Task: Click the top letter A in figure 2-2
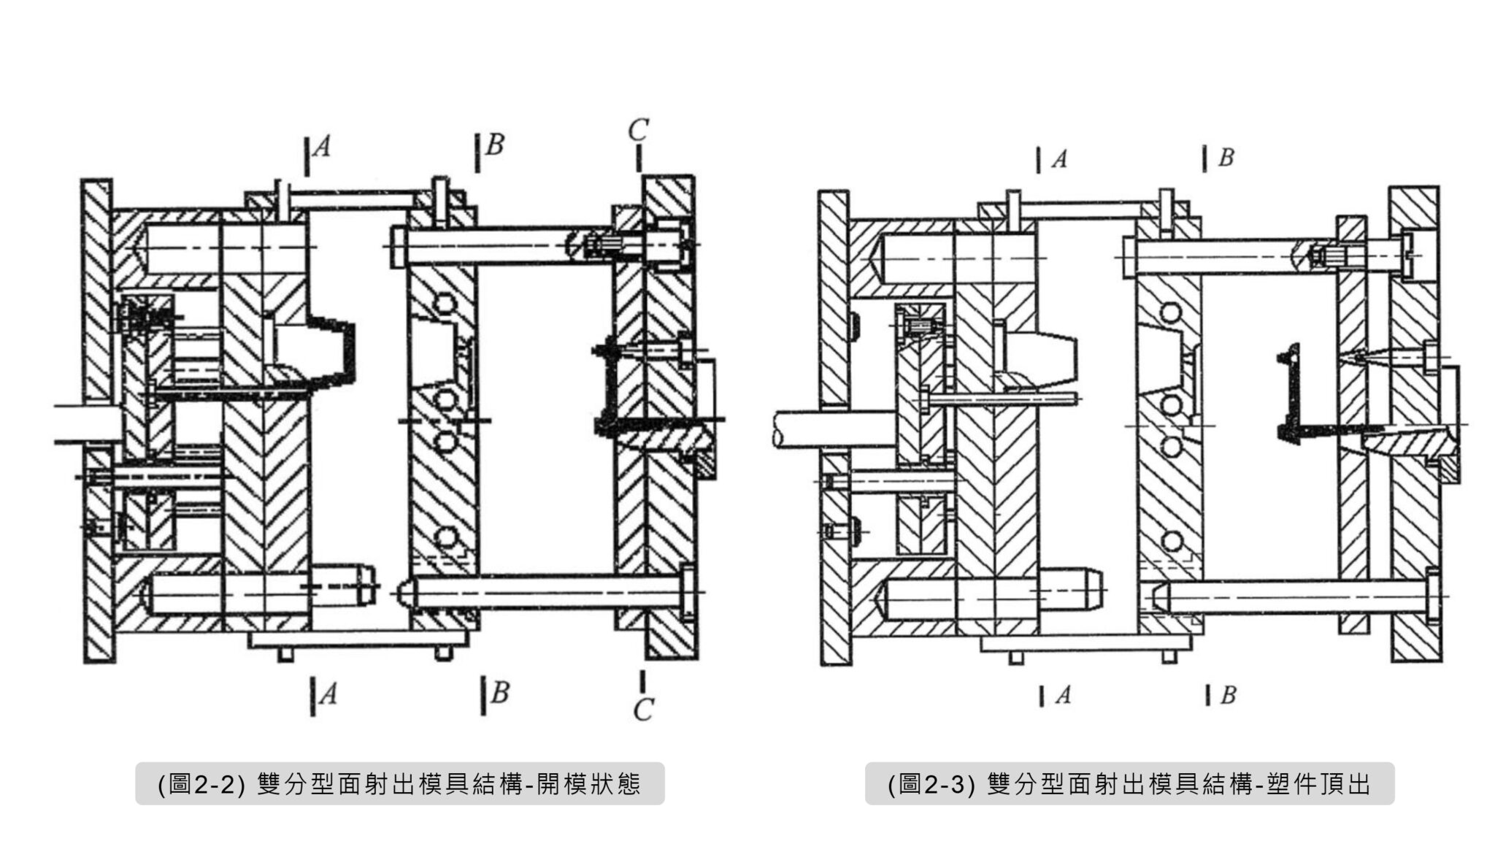pyautogui.click(x=322, y=148)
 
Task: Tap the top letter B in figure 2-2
pyautogui.click(x=494, y=145)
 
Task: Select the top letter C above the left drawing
pyautogui.click(x=637, y=131)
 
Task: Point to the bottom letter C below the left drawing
pyautogui.click(x=642, y=710)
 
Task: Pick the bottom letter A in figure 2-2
pyautogui.click(x=328, y=694)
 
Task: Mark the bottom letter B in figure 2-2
pyautogui.click(x=500, y=691)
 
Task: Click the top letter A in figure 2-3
pyautogui.click(x=1059, y=159)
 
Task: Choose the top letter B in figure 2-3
pyautogui.click(x=1226, y=157)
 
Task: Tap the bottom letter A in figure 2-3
pyautogui.click(x=1063, y=695)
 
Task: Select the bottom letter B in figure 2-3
pyautogui.click(x=1228, y=695)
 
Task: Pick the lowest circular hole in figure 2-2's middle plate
pyautogui.click(x=446, y=538)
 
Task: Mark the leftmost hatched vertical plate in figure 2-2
pyautogui.click(x=97, y=420)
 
